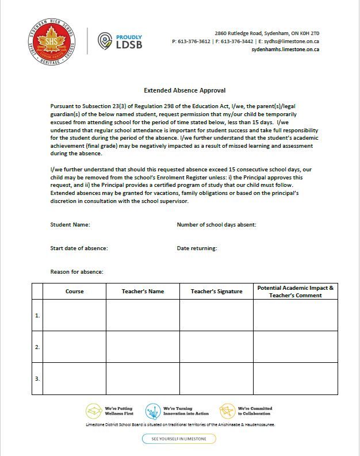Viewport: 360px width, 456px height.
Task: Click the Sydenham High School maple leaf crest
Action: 51,41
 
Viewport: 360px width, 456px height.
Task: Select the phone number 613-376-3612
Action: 194,41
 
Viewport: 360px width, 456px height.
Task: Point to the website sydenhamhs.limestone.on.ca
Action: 285,49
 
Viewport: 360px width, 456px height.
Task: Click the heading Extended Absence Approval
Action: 184,90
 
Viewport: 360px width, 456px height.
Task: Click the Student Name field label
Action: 70,225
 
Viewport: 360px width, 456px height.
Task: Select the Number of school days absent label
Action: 216,225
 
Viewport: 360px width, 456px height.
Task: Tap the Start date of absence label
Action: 79,248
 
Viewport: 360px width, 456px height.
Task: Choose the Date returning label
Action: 197,248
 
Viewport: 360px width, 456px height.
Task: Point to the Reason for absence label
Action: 76,271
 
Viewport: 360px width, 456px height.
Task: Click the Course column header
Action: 74,292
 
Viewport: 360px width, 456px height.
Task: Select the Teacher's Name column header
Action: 143,292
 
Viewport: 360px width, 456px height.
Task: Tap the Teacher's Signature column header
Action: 216,292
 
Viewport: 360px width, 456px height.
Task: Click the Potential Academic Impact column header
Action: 295,291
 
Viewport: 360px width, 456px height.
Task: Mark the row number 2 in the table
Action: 37,347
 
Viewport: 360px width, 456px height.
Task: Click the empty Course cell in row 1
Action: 74,315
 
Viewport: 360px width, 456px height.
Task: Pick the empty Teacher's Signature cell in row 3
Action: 216,378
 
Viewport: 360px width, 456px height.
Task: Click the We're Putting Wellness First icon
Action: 94,411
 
